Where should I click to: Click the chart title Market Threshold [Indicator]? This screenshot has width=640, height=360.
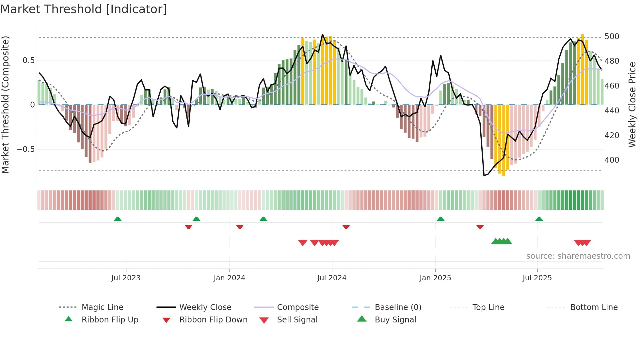[84, 9]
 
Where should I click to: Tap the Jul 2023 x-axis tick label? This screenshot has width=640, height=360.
[126, 278]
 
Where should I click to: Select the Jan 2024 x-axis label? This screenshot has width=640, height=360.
[229, 278]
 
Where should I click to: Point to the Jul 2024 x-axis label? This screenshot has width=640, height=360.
[332, 278]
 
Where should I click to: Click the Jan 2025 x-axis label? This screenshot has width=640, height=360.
[435, 278]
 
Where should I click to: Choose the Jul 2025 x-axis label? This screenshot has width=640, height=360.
[537, 278]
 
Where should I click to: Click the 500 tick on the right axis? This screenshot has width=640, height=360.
[612, 36]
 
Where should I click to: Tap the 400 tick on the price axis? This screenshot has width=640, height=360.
[612, 160]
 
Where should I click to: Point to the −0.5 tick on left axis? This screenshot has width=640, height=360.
[25, 149]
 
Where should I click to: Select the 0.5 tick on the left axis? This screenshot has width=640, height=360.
[28, 60]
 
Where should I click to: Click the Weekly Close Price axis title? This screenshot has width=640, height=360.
[632, 105]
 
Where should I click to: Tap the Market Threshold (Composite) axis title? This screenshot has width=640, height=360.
[5, 105]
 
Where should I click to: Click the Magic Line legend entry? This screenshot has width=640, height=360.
[102, 307]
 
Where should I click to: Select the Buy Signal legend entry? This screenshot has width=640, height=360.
[395, 320]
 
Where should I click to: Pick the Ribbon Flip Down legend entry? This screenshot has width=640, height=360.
[213, 320]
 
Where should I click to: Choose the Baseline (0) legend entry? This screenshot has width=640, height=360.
[398, 307]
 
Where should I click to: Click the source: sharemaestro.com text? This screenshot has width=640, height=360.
[578, 256]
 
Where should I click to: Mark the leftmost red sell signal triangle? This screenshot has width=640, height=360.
[303, 243]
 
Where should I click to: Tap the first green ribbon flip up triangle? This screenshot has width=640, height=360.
[118, 219]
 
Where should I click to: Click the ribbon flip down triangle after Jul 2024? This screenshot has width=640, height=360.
[346, 227]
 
